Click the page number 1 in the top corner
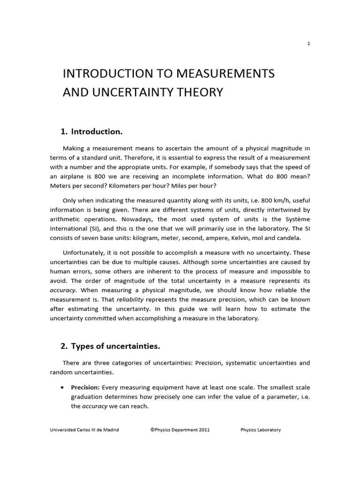click(308, 44)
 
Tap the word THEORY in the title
click(200, 92)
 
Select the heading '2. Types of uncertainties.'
click(110, 346)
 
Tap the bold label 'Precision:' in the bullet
click(85, 388)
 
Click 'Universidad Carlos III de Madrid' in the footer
click(84, 430)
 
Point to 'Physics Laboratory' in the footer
click(261, 430)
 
